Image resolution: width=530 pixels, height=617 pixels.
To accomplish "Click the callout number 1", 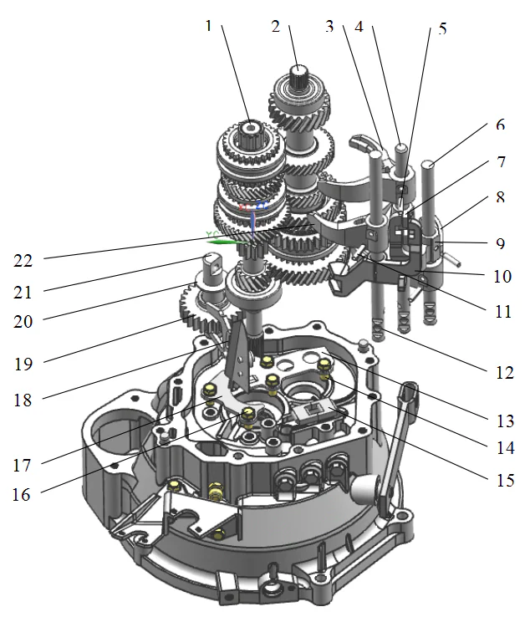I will click(x=209, y=25).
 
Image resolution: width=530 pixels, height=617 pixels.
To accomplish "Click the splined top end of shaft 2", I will click(x=299, y=71).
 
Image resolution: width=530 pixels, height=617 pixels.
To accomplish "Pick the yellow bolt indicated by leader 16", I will click(x=247, y=414).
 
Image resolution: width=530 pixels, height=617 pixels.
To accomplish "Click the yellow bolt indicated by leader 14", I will click(x=325, y=365).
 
